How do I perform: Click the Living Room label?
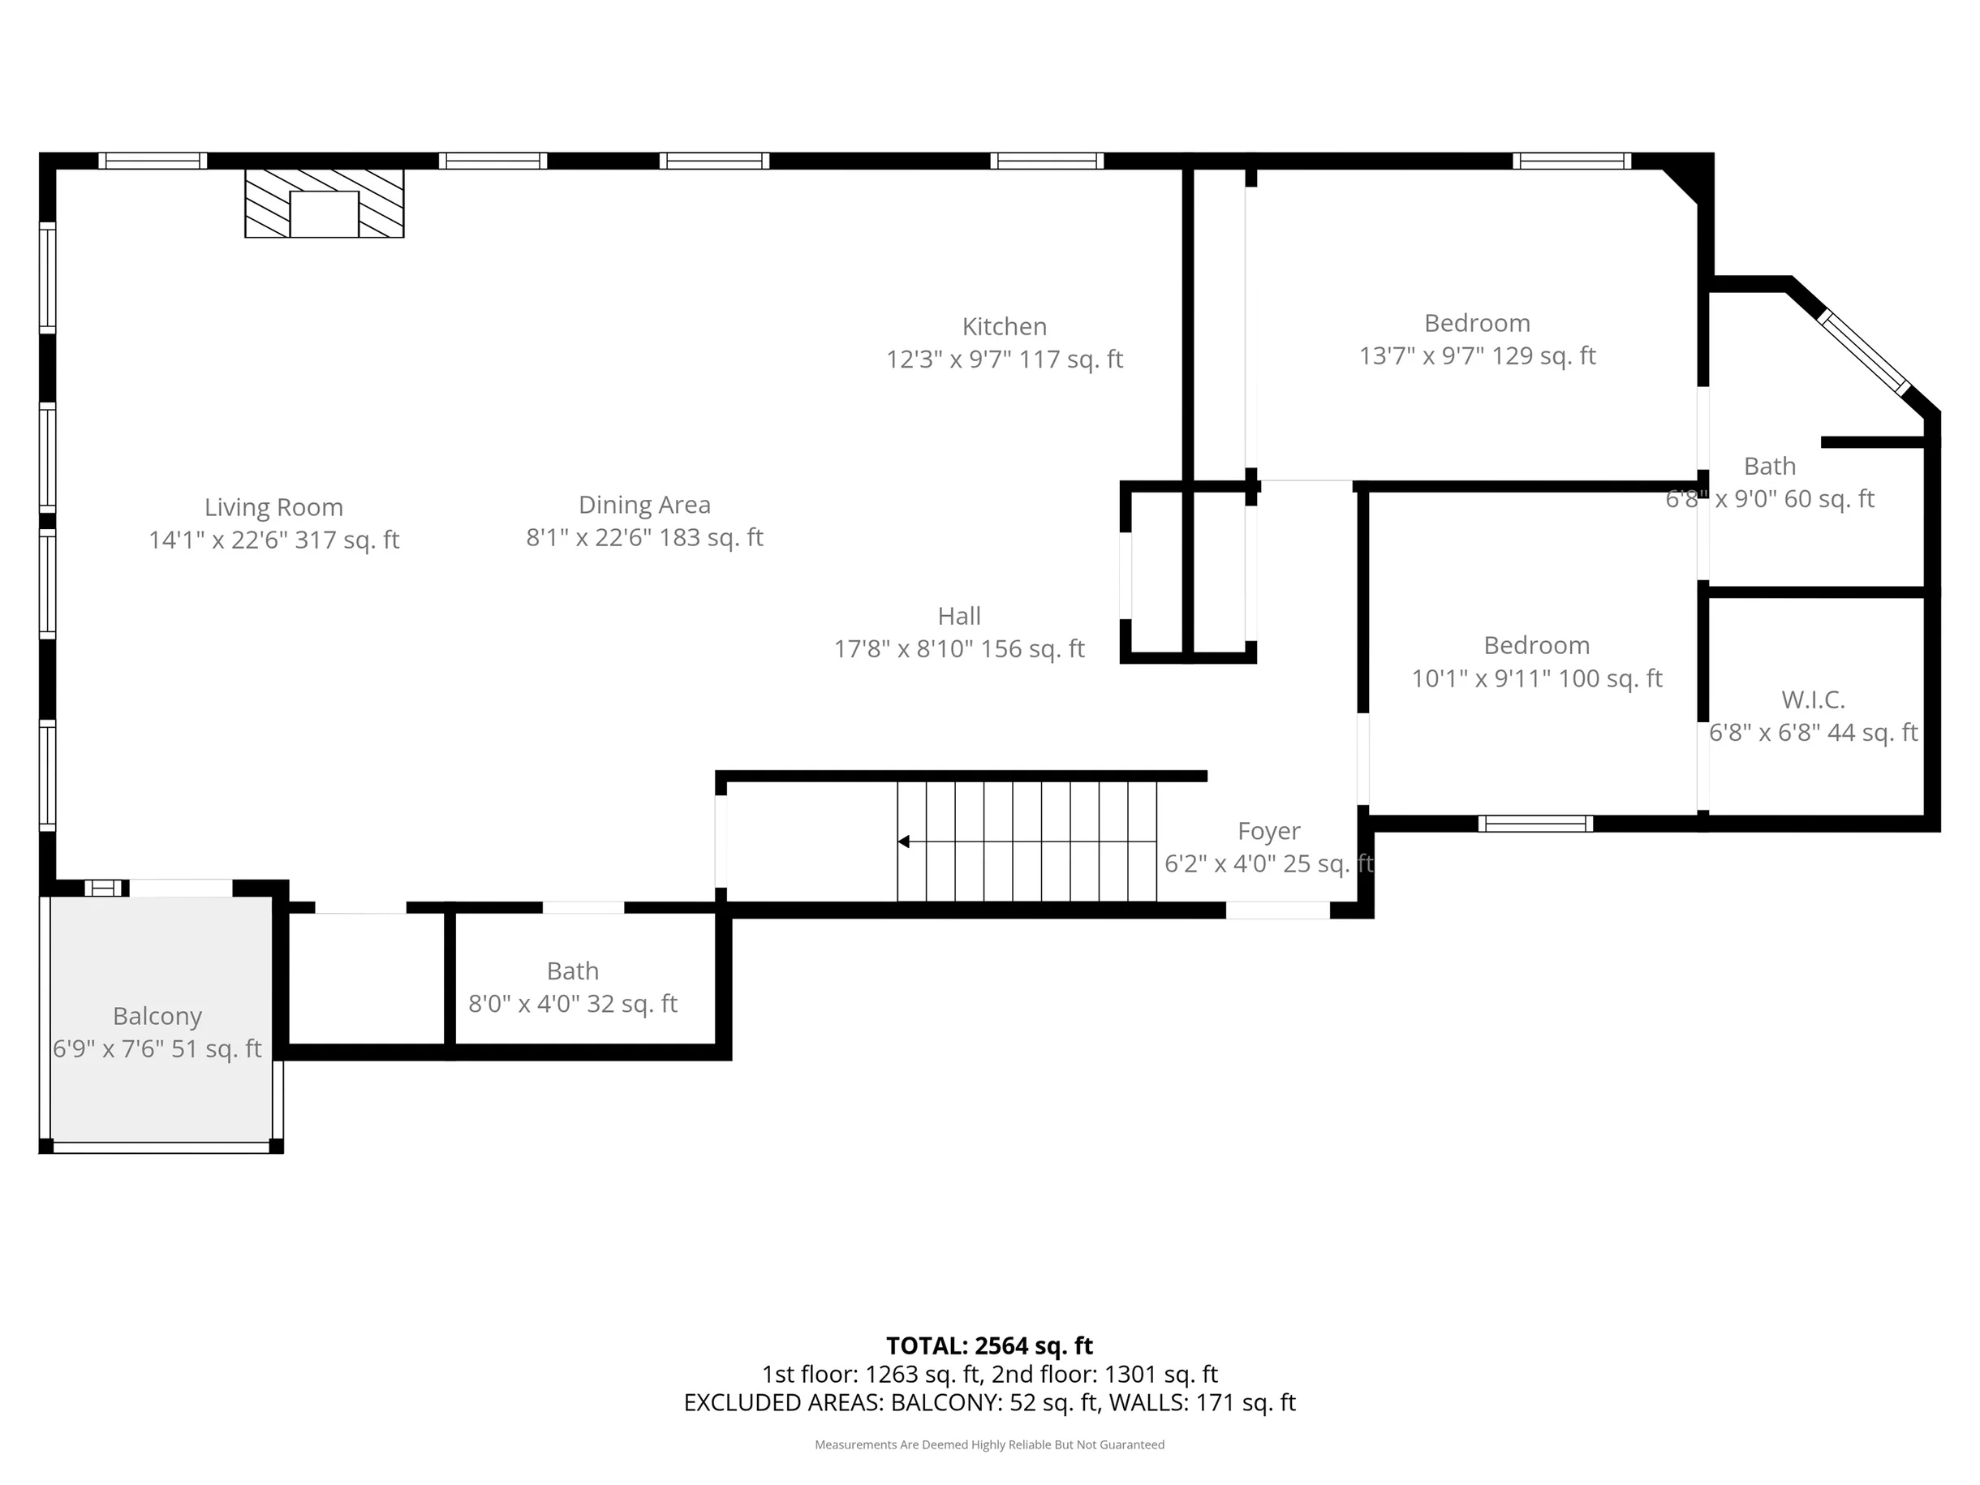point(274,507)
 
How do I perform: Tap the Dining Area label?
point(644,505)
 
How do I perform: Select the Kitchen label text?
point(1005,327)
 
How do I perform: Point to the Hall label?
point(959,616)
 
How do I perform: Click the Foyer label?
point(1269,832)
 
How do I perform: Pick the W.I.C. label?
point(1814,700)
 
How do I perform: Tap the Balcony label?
point(157,1016)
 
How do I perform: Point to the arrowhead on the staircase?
point(904,841)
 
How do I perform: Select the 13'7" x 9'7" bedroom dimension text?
point(1478,356)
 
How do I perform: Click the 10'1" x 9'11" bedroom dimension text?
point(1537,678)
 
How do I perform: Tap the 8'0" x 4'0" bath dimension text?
point(573,1005)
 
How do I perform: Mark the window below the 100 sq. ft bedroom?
point(1535,824)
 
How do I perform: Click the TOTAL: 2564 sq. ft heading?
point(990,1346)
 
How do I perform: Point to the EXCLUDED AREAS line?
point(990,1403)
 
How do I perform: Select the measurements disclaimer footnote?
point(990,1444)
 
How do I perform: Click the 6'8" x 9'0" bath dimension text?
point(1770,500)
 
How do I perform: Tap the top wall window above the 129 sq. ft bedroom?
point(1573,161)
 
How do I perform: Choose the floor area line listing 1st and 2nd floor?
point(990,1374)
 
